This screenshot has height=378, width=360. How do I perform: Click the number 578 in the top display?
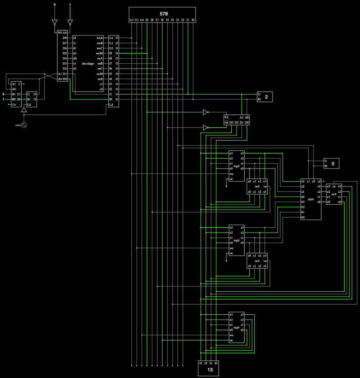[164, 14]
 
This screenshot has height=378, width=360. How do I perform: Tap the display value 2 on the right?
[266, 96]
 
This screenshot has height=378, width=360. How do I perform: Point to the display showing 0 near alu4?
[333, 164]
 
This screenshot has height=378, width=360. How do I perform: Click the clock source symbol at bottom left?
[25, 126]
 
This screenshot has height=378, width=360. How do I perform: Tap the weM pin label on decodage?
[100, 53]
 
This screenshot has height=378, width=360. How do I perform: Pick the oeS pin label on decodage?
[100, 79]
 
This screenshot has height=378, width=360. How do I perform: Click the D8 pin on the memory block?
[65, 38]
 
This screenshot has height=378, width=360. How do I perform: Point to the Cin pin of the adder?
[14, 104]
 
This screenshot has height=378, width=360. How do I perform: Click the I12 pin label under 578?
[131, 20]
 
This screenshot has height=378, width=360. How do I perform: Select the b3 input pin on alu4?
[303, 202]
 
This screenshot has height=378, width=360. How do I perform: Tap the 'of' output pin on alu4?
[319, 181]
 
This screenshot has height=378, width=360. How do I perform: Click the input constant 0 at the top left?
[55, 5]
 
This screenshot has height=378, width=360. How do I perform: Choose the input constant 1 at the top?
[70, 5]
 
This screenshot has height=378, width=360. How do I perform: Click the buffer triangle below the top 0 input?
[55, 22]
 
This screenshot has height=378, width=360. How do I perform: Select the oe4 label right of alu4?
[334, 194]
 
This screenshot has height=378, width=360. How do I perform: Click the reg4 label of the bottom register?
[236, 327]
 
